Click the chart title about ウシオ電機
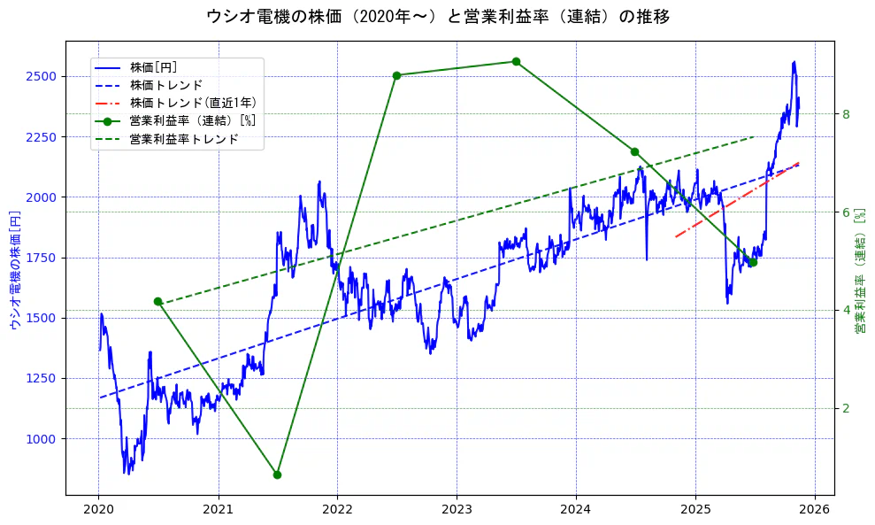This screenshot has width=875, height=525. point(437,16)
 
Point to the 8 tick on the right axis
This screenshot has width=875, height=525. point(846,114)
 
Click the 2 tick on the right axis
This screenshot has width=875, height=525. point(846,408)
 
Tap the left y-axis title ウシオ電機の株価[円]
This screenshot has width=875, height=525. point(14,269)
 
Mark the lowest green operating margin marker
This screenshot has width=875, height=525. point(277,475)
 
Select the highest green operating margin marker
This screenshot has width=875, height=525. point(516,62)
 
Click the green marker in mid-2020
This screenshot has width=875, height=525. point(157,301)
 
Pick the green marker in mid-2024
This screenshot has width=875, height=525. point(634,151)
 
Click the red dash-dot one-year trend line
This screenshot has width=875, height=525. point(734,201)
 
